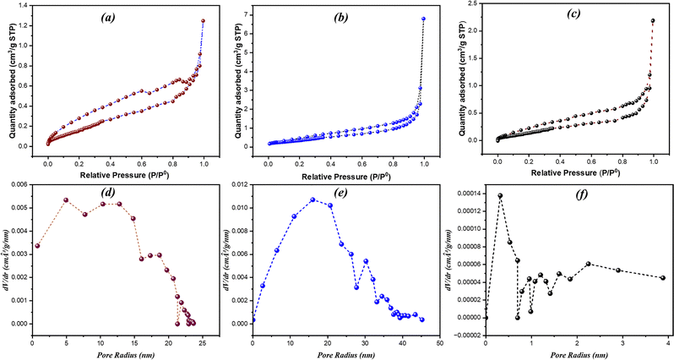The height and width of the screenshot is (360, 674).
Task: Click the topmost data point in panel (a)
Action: tap(203, 20)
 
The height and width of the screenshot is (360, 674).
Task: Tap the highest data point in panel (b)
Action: tap(424, 19)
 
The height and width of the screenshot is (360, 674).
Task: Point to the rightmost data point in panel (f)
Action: tap(663, 278)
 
